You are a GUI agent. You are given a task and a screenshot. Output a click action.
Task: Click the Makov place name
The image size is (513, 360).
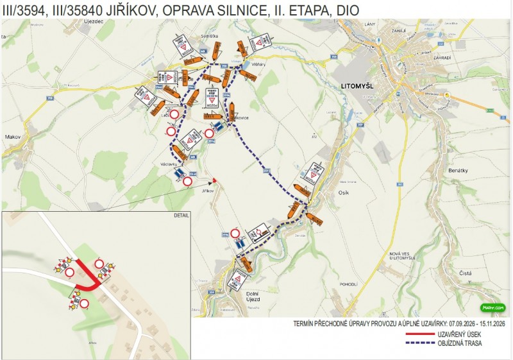(x=13, y=137)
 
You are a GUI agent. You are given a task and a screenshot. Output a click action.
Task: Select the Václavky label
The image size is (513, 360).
(x=160, y=164)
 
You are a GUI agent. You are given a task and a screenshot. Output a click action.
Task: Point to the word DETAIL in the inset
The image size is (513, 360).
(x=181, y=216)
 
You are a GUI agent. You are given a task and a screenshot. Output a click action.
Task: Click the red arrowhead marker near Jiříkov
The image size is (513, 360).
(x=214, y=180)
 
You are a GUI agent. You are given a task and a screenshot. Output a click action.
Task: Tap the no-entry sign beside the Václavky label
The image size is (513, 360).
(x=187, y=182)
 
